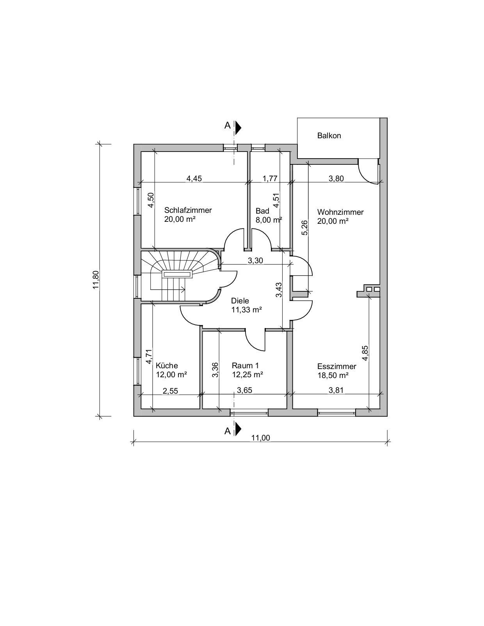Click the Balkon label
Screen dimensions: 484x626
329,136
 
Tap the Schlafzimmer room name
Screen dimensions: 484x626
188,210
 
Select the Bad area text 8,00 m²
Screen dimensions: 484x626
269,220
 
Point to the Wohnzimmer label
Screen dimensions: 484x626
340,212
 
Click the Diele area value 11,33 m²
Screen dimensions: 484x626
246,310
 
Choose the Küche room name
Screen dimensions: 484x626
167,366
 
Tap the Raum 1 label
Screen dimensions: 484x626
245,366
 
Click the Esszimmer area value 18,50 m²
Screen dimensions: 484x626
333,375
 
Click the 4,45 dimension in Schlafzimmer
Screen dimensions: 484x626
194,178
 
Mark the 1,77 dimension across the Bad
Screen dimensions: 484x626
270,178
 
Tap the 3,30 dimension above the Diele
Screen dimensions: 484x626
255,261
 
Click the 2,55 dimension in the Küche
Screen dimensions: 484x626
171,391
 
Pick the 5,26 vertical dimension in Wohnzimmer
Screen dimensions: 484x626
304,228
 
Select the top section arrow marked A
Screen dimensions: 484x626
238,128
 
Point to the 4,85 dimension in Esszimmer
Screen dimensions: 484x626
365,353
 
